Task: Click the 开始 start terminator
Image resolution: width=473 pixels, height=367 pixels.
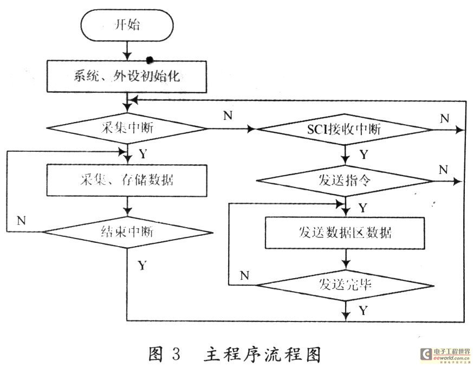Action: [x=127, y=25]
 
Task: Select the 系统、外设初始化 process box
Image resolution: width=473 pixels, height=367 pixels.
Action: [x=127, y=76]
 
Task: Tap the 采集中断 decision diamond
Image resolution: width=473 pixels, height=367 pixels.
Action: [x=127, y=128]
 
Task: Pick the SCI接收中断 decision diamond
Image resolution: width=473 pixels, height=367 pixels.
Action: [x=345, y=130]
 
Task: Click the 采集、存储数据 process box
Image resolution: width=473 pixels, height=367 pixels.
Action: [x=127, y=181]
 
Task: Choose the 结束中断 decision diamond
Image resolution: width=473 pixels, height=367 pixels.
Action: [x=127, y=232]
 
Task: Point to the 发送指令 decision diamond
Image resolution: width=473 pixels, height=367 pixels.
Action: [x=345, y=181]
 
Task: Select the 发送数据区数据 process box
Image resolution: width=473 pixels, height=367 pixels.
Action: [x=345, y=233]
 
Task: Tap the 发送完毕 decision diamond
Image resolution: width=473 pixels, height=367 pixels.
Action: [x=345, y=285]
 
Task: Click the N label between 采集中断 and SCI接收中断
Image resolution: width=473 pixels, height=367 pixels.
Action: [x=228, y=115]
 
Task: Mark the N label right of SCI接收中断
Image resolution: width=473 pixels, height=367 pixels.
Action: [x=445, y=118]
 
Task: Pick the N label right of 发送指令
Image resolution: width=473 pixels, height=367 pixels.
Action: [x=443, y=170]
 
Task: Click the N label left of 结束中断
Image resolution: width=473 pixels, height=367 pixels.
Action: [x=22, y=221]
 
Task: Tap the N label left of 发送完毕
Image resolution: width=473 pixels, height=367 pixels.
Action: [x=245, y=275]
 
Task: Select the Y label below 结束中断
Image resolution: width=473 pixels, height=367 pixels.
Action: [x=142, y=266]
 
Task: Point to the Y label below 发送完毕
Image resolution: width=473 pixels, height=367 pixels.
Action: [x=364, y=310]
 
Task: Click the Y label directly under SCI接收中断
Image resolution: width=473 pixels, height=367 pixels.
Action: [x=364, y=154]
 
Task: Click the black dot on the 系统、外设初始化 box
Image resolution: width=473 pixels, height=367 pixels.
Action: [x=148, y=60]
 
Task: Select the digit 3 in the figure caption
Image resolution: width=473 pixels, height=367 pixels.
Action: [x=176, y=353]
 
